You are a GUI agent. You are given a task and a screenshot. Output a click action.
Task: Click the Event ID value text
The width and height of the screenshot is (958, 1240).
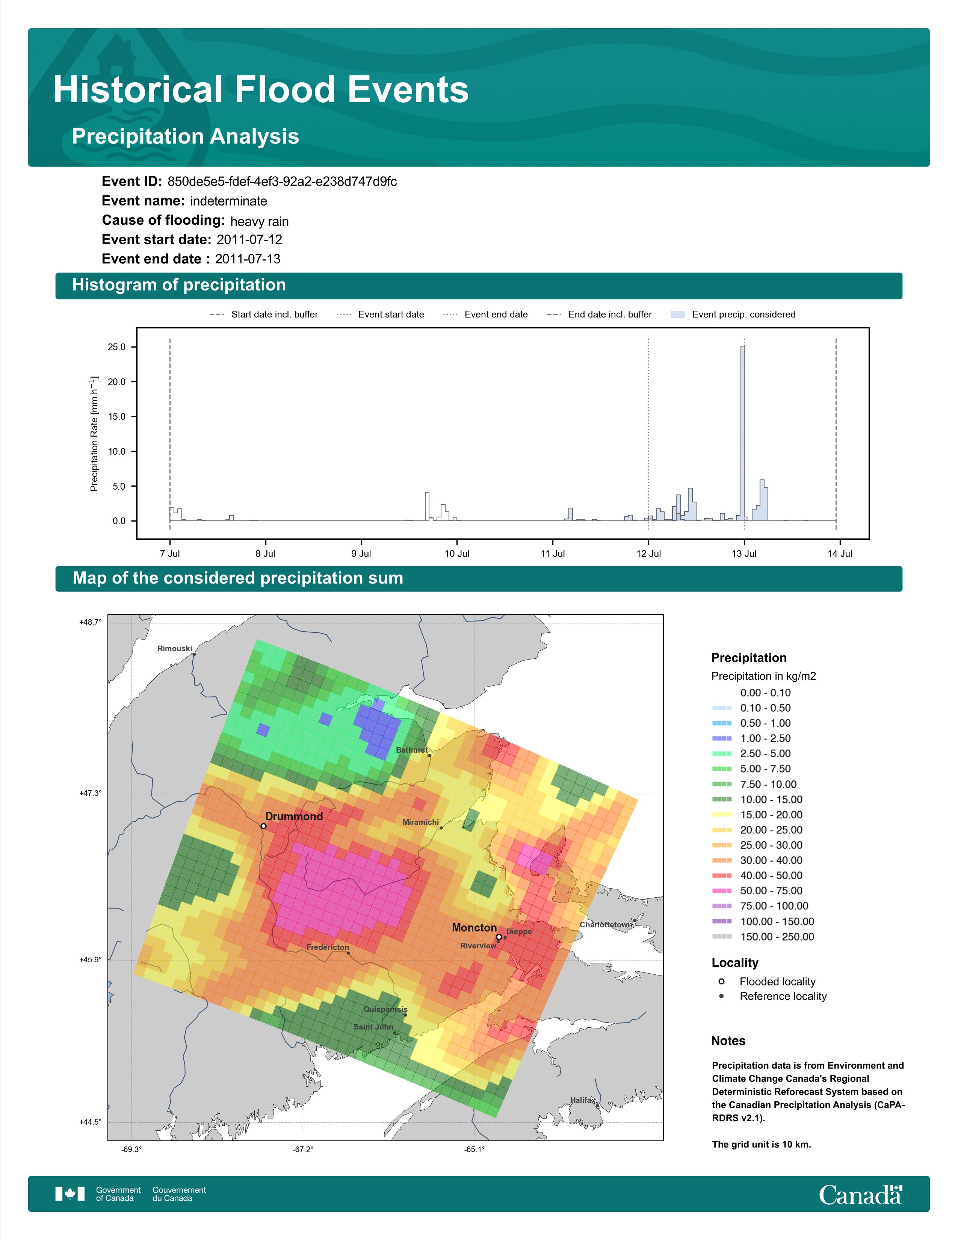(x=282, y=182)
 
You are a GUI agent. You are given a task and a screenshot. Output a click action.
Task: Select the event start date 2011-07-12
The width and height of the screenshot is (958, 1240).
(x=249, y=240)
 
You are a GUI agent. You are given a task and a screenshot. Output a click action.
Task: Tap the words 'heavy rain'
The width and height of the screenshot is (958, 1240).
(x=259, y=221)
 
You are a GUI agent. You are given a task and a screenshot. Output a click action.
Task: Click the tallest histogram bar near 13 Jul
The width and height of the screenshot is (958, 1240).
(x=742, y=433)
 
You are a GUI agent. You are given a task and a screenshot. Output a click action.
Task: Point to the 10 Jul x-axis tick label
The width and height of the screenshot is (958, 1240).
(x=457, y=553)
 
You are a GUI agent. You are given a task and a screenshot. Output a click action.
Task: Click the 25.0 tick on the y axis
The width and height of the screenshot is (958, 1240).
(x=117, y=347)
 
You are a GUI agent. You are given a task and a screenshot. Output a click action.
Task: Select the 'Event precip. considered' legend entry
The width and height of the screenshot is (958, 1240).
(x=733, y=315)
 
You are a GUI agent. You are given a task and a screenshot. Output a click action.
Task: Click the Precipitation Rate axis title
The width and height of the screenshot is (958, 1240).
(x=94, y=433)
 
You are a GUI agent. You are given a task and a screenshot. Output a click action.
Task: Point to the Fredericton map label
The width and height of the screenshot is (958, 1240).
(x=328, y=947)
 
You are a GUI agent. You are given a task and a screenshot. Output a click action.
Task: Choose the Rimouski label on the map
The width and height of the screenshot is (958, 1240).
(x=175, y=649)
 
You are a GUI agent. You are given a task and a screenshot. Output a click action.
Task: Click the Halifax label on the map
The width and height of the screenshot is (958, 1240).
(x=583, y=1100)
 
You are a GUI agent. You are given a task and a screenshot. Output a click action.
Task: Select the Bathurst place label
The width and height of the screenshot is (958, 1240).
(x=411, y=750)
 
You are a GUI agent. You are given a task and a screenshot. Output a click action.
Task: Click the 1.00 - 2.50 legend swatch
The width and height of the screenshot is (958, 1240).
(x=721, y=738)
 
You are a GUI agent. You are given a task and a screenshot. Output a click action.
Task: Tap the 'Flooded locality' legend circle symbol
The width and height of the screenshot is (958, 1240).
(x=721, y=981)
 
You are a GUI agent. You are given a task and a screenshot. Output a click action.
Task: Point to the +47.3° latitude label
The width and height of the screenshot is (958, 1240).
(x=90, y=793)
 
